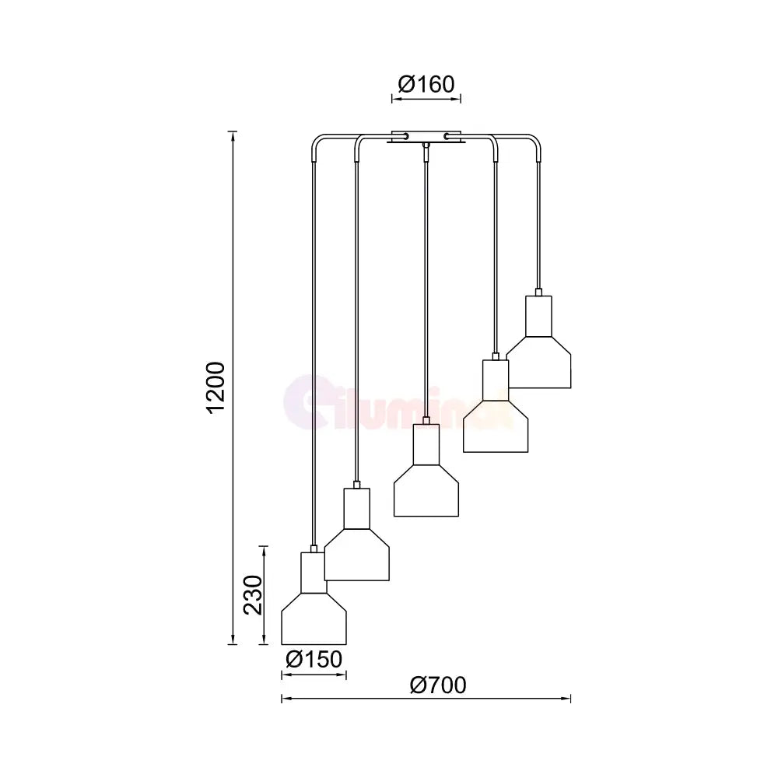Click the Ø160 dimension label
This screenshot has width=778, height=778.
tap(426, 84)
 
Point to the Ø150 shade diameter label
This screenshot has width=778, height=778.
tap(314, 660)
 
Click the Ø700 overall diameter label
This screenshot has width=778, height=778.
tap(437, 685)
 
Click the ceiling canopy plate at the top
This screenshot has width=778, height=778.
tap(426, 137)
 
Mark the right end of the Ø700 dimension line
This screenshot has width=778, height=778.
tap(569, 699)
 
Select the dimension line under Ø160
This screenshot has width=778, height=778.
tap(426, 99)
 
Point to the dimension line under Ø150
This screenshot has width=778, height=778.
tap(314, 675)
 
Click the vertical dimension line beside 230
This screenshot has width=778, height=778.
tap(265, 595)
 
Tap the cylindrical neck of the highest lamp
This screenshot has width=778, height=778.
tap(538, 315)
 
